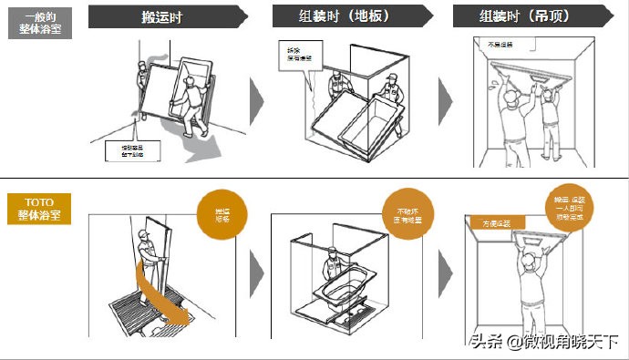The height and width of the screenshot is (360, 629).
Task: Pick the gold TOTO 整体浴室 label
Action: pyautogui.click(x=36, y=206)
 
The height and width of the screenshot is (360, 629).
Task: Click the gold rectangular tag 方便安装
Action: pyautogui.click(x=496, y=221)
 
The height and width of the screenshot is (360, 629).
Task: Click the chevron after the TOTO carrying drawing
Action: pyautogui.click(x=258, y=273)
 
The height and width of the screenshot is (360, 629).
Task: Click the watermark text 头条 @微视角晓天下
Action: pyautogui.click(x=545, y=342)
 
